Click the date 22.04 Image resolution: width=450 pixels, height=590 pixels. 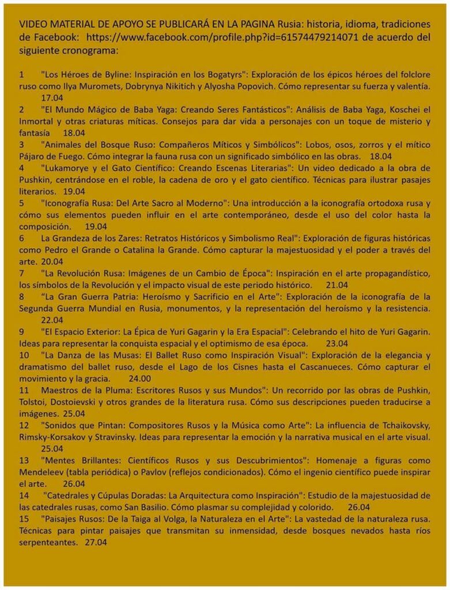click(x=52, y=319)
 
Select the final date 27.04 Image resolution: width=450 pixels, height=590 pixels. click(x=96, y=542)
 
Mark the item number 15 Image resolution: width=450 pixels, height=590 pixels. click(x=24, y=519)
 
